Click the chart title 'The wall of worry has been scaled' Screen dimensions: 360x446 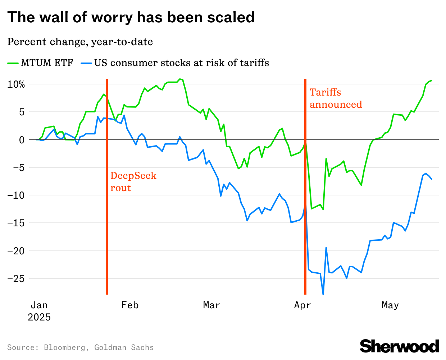click(x=131, y=17)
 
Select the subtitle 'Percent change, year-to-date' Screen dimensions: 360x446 click(x=80, y=42)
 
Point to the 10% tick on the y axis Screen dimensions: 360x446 click(x=17, y=84)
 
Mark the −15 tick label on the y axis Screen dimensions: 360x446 click(x=17, y=223)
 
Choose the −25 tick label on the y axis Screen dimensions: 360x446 click(x=17, y=278)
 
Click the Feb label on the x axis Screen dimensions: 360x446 click(x=130, y=305)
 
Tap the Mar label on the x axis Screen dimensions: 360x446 click(x=211, y=305)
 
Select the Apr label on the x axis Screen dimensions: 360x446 click(x=302, y=305)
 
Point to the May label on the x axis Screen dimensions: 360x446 click(x=390, y=305)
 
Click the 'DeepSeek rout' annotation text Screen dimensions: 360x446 click(x=133, y=182)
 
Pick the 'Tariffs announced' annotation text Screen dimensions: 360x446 click(x=336, y=98)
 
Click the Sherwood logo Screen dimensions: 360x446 click(x=399, y=346)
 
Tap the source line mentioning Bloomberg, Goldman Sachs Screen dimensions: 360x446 click(x=80, y=347)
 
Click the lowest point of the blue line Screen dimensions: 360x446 click(x=323, y=295)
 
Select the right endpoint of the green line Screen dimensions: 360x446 click(x=432, y=80)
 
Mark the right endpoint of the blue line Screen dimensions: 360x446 click(x=432, y=179)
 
